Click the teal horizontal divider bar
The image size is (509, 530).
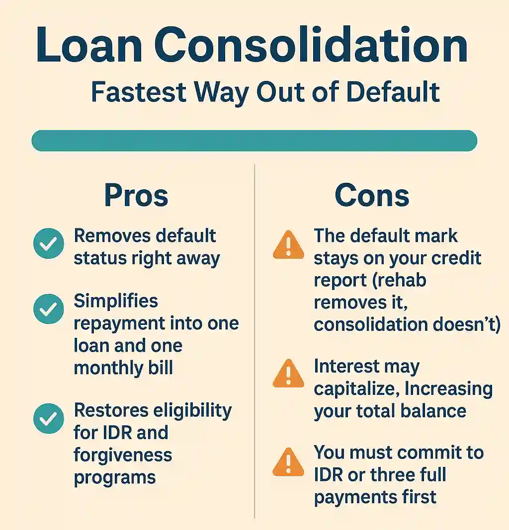pyautogui.click(x=254, y=141)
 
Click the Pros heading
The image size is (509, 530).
pyautogui.click(x=136, y=196)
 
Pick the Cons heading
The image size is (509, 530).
pyautogui.click(x=372, y=196)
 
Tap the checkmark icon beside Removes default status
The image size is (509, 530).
pyautogui.click(x=48, y=243)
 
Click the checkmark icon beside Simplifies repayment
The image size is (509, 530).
pyautogui.click(x=48, y=309)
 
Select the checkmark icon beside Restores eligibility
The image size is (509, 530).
pyautogui.click(x=48, y=419)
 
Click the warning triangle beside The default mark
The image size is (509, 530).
pyautogui.click(x=288, y=244)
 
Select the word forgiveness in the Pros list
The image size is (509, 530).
pyautogui.click(x=123, y=455)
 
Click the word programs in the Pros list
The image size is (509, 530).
pyautogui.click(x=115, y=477)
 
